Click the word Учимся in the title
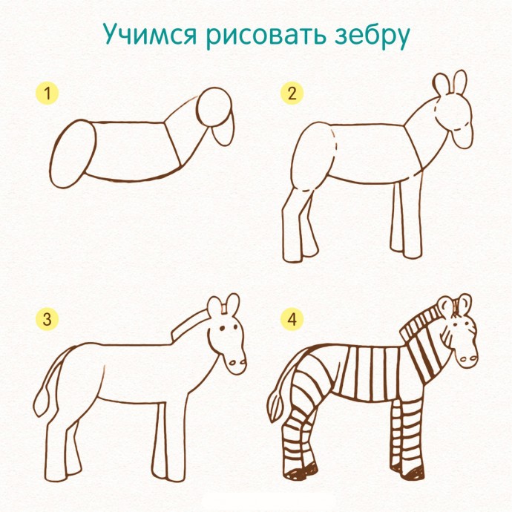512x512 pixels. (151, 35)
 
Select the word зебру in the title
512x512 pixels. (372, 36)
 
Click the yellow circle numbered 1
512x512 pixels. (47, 93)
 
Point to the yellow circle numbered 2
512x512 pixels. (292, 93)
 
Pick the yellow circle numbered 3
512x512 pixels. (47, 319)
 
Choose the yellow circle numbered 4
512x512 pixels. (292, 319)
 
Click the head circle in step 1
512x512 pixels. (214, 107)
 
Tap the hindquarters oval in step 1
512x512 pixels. (73, 154)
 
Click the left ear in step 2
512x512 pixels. (442, 85)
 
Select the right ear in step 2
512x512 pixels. (460, 82)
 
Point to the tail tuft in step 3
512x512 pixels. (41, 402)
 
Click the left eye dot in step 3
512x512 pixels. (222, 328)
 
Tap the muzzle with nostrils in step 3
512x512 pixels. (237, 363)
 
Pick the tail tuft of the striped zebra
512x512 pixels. (275, 407)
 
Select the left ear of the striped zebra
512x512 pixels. (445, 306)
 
